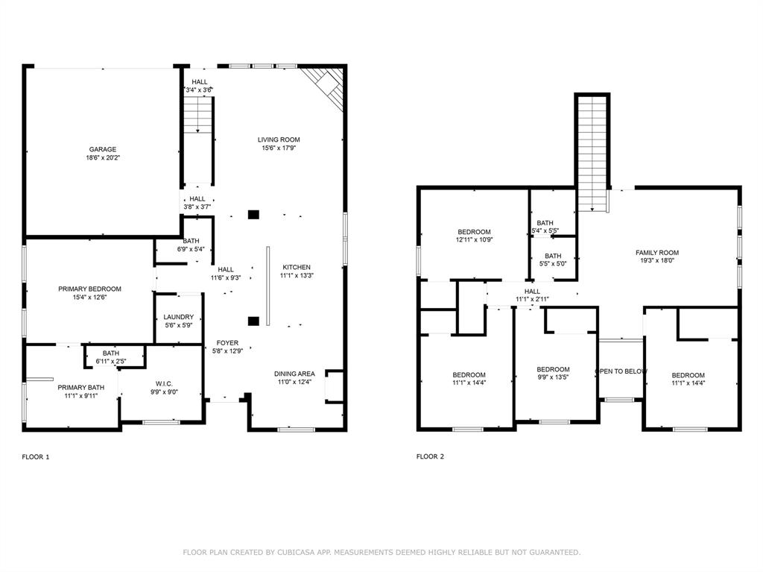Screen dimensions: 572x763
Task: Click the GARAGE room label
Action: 103,149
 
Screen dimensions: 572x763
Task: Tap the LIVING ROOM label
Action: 279,139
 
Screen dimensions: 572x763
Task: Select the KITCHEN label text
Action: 297,267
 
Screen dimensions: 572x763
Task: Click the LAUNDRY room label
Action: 178,317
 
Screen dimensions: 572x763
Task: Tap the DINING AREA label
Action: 295,374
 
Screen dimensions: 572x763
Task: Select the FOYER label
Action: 227,343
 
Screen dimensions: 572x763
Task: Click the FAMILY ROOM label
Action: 656,253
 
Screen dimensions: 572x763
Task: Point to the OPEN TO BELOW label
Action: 621,371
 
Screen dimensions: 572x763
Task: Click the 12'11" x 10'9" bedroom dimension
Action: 474,240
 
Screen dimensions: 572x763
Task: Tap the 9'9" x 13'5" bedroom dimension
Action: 553,377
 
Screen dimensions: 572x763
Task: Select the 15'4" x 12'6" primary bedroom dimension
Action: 89,298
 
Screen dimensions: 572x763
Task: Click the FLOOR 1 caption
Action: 35,456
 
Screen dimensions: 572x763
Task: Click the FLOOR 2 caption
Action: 430,456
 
